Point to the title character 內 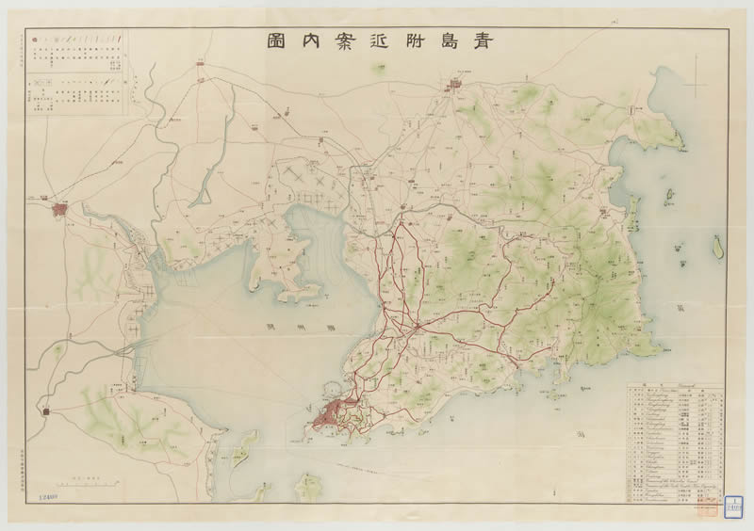(x=320, y=42)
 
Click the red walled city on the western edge (x=62, y=209)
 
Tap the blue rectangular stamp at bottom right (x=731, y=505)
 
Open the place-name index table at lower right (x=677, y=442)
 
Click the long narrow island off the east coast (x=715, y=247)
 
